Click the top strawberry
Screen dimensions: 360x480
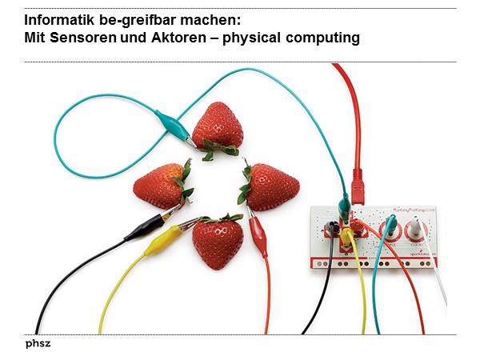pyautogui.click(x=218, y=126)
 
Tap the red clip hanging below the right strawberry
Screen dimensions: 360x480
pyautogui.click(x=258, y=236)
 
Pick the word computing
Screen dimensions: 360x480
pyautogui.click(x=322, y=38)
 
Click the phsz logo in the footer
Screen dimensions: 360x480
pyautogui.click(x=38, y=344)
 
